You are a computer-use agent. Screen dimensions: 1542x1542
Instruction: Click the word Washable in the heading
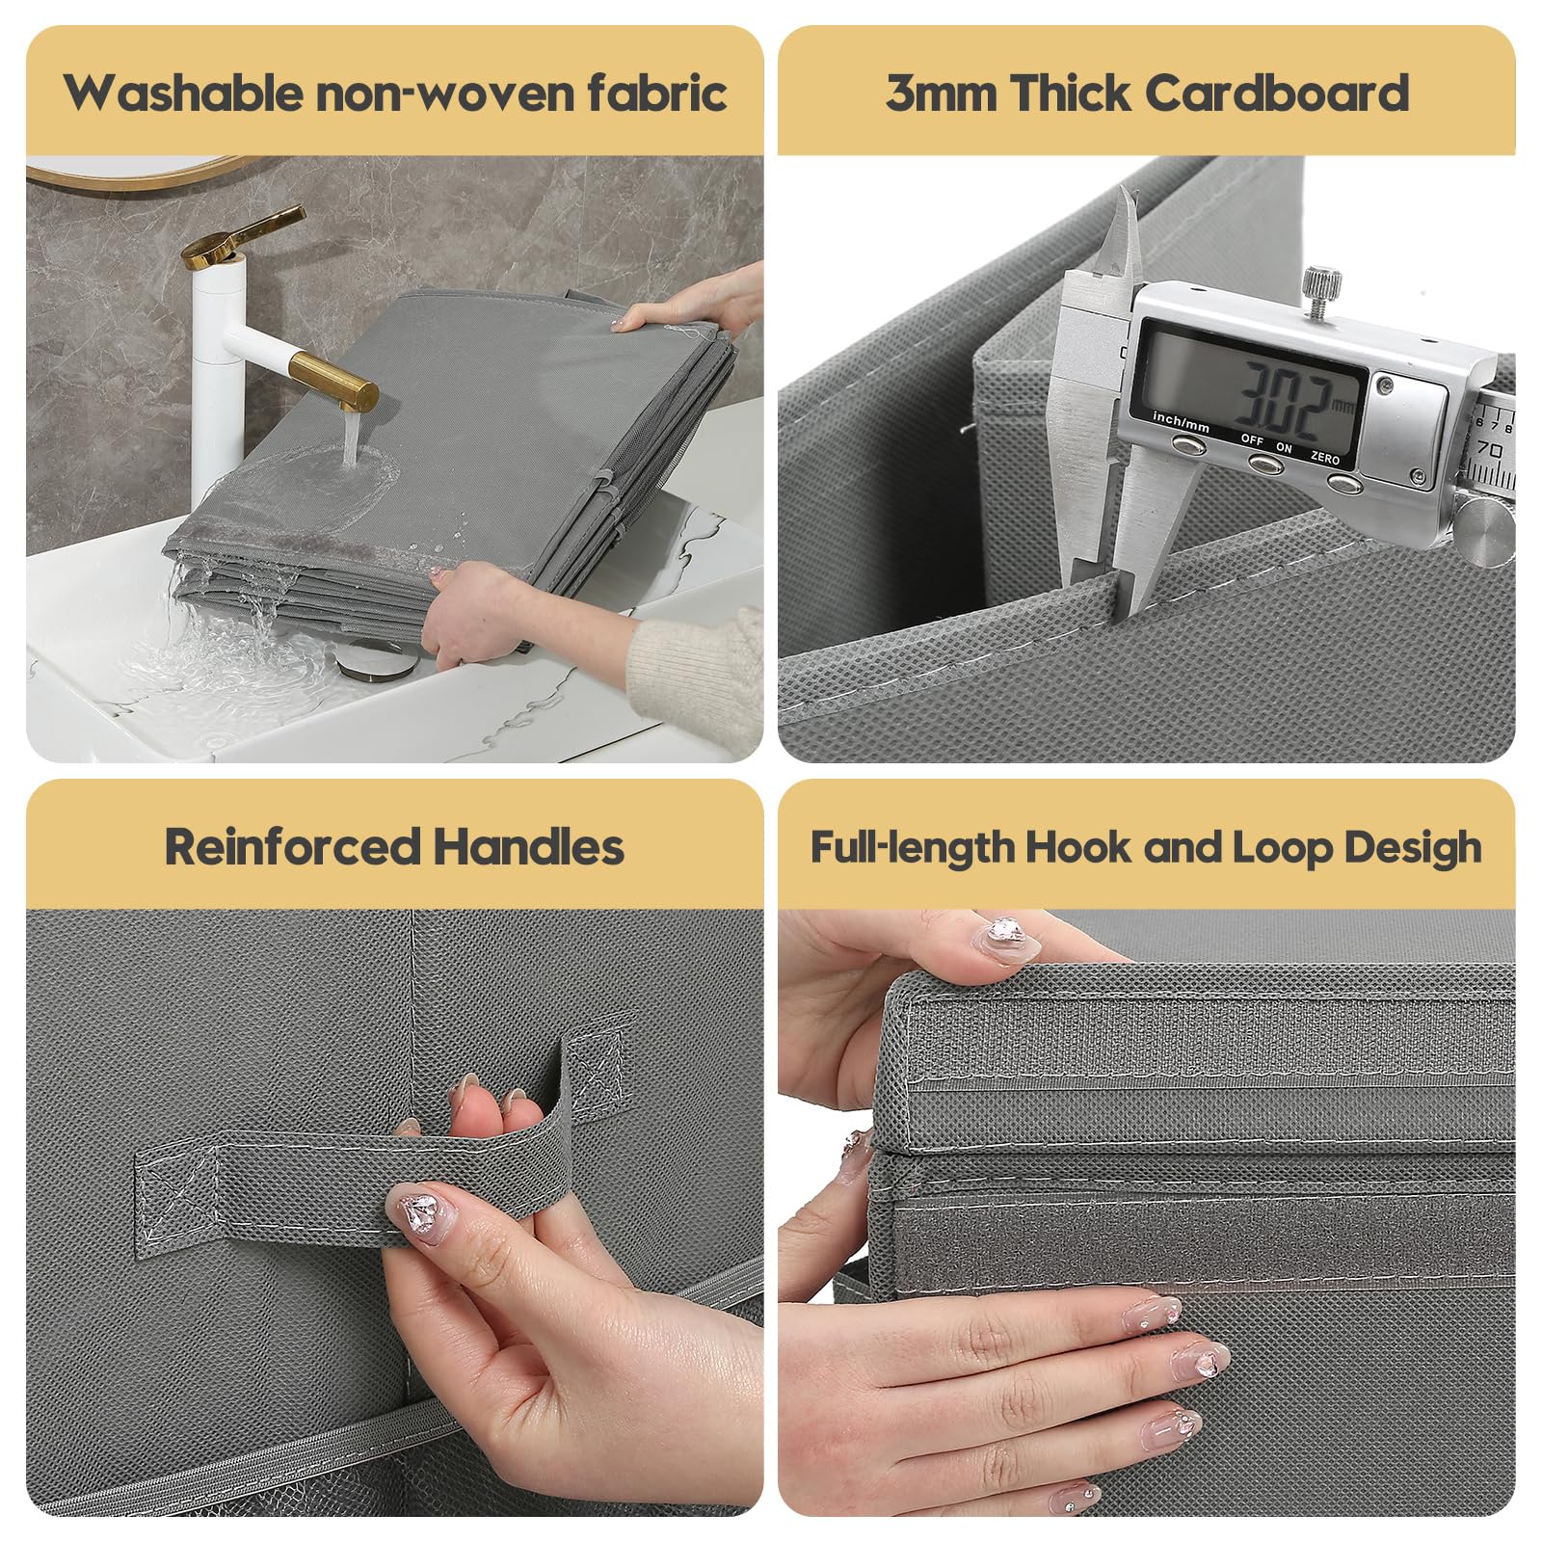point(183,93)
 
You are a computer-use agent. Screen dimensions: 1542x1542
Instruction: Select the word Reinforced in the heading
point(293,847)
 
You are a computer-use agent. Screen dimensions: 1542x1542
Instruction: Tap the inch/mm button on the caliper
point(1187,444)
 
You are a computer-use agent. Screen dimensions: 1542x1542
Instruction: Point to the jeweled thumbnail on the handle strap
point(420,1213)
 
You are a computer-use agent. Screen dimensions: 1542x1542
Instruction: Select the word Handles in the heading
point(528,847)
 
